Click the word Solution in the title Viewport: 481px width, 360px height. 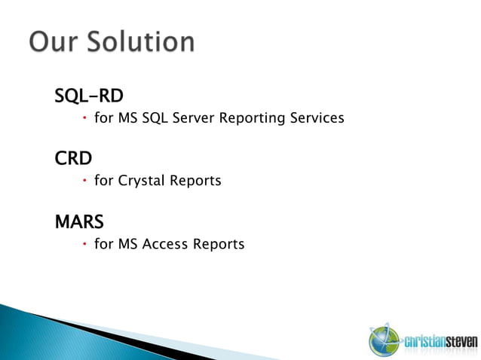143,41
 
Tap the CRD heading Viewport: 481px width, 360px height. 74,160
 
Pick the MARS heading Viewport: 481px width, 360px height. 79,222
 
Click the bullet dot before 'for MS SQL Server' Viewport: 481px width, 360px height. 85,117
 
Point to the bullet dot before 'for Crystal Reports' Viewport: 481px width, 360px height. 85,180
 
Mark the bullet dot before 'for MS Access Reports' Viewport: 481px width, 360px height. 85,243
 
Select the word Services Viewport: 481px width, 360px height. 316,118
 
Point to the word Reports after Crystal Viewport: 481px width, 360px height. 197,182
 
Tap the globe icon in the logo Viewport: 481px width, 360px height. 381,340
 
